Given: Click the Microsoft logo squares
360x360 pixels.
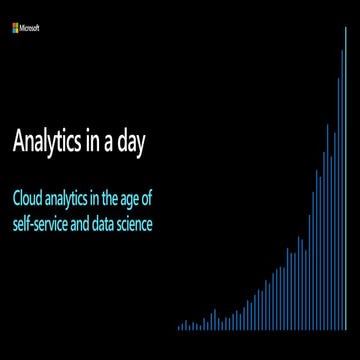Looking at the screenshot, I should coord(16,28).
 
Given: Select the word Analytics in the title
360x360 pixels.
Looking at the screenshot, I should coord(49,142).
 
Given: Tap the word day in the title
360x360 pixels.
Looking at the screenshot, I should coord(133,142).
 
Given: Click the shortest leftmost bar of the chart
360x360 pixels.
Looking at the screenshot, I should coord(179,327).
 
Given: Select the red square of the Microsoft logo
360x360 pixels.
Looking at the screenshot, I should coord(14,26).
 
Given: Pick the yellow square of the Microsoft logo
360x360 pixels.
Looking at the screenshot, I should coord(18,30).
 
